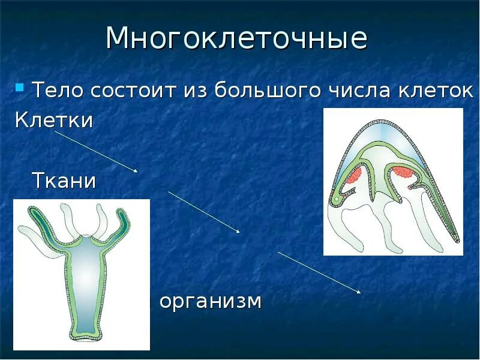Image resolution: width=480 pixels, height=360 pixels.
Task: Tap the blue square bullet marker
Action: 19,89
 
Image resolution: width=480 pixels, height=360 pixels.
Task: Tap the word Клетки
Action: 53,120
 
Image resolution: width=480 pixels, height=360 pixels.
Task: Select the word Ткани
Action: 63,180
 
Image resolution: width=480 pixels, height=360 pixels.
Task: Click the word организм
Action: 210,301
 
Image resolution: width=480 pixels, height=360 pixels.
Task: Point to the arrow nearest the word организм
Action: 319,272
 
